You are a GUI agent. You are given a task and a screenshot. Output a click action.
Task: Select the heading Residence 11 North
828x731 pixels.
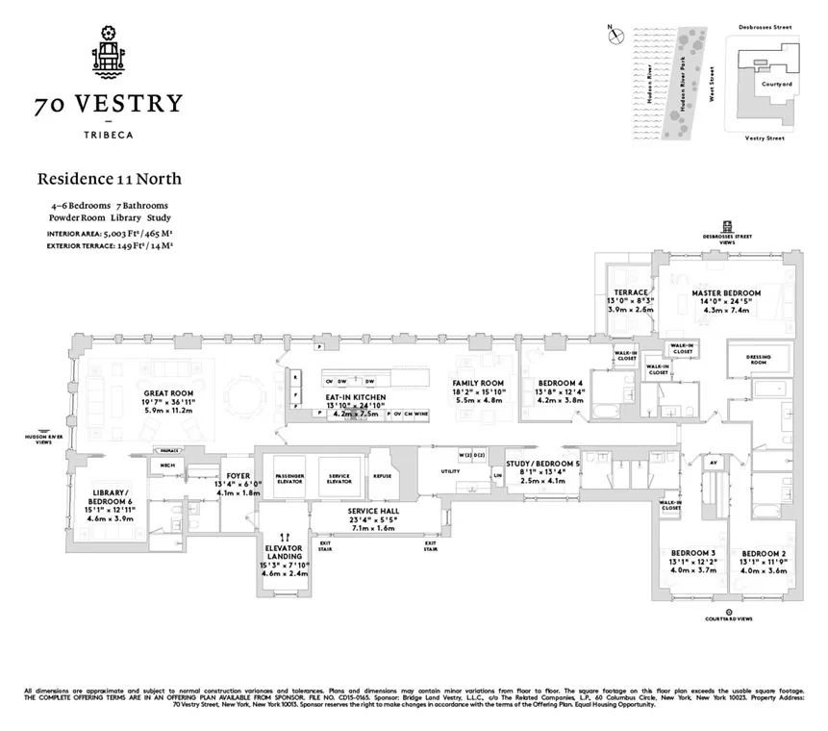(x=109, y=178)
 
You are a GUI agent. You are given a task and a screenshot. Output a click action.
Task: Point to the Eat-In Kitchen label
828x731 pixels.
(x=355, y=397)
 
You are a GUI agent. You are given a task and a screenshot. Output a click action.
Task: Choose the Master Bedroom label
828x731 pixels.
(x=726, y=292)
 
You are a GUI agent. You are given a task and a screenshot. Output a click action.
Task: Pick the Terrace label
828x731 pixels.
(x=632, y=292)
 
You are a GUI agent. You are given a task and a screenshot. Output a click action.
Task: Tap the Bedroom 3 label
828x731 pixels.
(x=692, y=553)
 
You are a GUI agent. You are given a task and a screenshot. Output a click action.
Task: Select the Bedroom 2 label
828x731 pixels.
(x=764, y=553)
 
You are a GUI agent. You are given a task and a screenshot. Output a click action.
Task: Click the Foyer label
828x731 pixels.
(x=238, y=476)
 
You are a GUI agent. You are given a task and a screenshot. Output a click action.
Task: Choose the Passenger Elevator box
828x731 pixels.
(x=289, y=478)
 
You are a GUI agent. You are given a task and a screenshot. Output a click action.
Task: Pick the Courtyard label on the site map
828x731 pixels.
(x=775, y=84)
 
